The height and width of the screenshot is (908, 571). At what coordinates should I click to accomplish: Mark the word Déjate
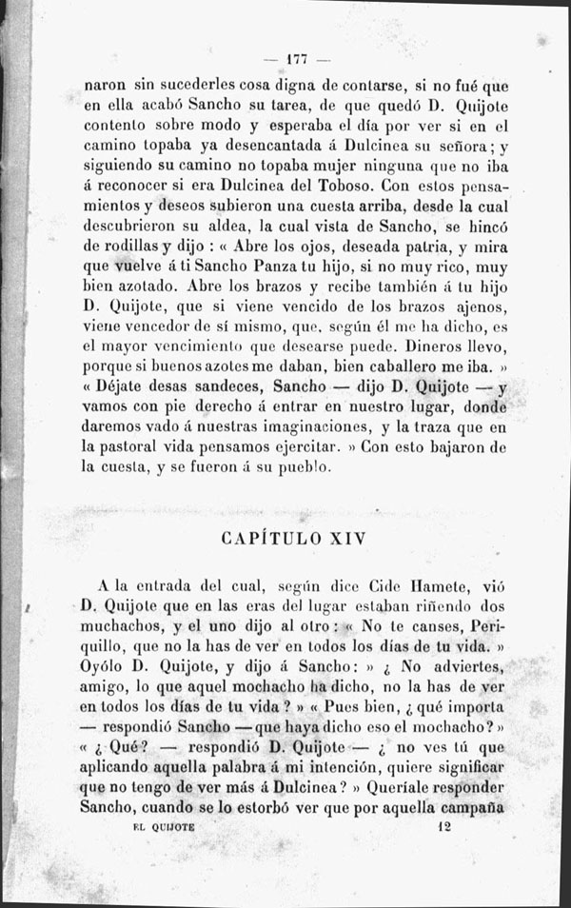click(x=124, y=388)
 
